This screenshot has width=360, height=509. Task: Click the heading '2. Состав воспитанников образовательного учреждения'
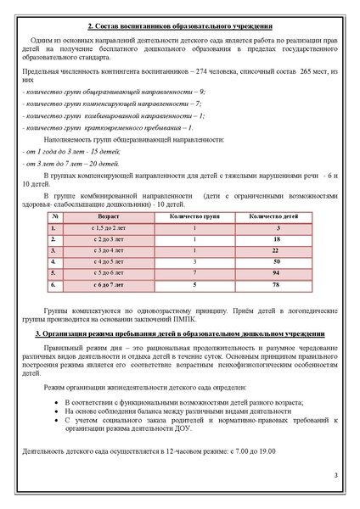tap(180, 27)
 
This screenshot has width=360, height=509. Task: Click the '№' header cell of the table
tap(53, 216)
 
